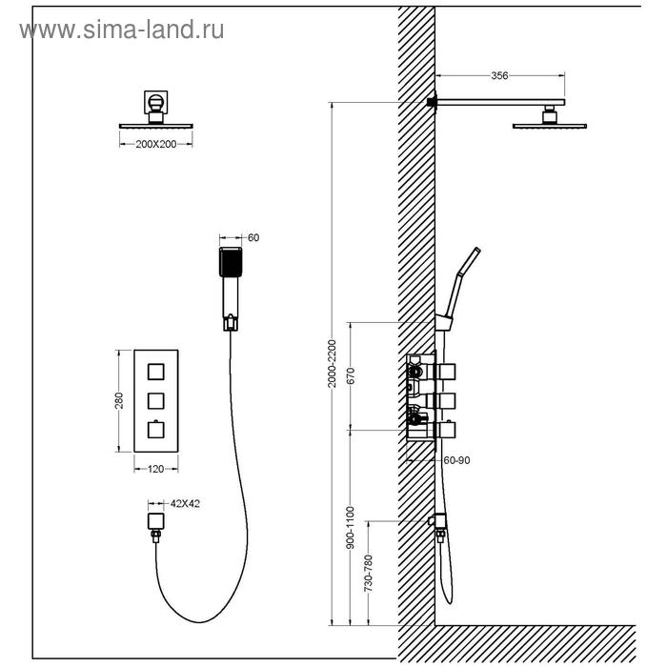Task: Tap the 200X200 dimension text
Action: [x=156, y=143]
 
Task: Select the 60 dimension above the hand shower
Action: [x=253, y=237]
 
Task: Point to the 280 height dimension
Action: [x=119, y=400]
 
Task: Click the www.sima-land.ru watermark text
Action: [x=122, y=30]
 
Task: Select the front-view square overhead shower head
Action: [x=155, y=123]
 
